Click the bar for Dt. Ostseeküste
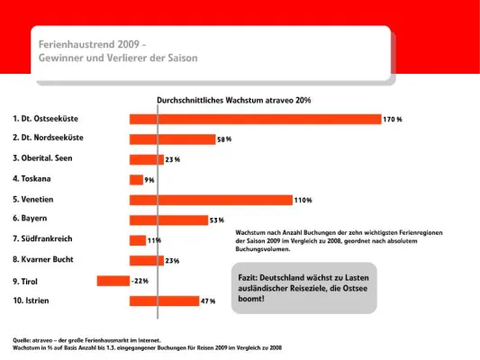255,119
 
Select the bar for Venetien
211,200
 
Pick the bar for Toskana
136,180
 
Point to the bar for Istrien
164,301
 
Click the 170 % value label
393,119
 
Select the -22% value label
140,281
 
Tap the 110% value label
303,200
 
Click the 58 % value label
224,139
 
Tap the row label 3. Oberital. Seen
48,158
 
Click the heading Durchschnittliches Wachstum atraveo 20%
233,100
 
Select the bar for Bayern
168,220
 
